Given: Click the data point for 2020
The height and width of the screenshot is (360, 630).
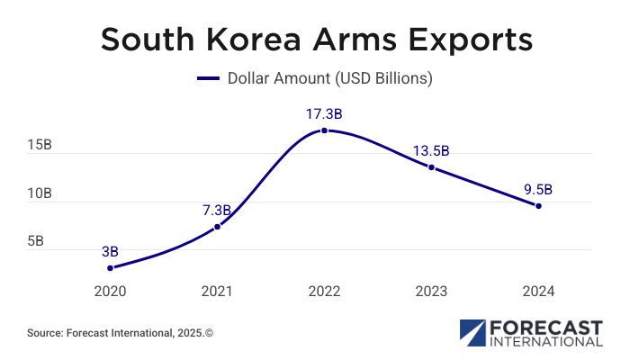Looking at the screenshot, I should pos(110,267).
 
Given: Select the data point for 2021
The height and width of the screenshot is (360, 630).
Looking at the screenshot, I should pos(217,227).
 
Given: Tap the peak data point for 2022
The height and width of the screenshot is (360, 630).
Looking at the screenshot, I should pos(324,130).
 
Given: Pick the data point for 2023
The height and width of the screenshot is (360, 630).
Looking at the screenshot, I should pos(431,167).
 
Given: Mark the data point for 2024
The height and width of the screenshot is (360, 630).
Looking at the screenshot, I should pos(538,206).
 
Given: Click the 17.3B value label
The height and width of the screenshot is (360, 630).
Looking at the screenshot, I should pos(324,114).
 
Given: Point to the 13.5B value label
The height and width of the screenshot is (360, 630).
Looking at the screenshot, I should pos(431,150).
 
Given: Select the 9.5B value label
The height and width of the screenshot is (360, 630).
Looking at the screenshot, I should pos(538,189).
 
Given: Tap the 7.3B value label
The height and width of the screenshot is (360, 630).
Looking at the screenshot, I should pos(216,210).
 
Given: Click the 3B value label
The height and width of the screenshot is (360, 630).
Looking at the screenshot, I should pos(110,251).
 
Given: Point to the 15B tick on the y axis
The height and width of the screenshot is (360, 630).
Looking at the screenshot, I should pos(40,145).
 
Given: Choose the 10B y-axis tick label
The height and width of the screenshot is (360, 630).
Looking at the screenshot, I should pos(40,193).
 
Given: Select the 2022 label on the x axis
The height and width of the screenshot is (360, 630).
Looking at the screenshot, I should pos(324,292).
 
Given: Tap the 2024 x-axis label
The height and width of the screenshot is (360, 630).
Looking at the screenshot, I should pos(538,292).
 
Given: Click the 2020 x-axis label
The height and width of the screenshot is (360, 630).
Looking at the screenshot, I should pos(110,292).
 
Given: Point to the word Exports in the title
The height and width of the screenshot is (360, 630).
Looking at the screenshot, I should pos(468,40).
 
